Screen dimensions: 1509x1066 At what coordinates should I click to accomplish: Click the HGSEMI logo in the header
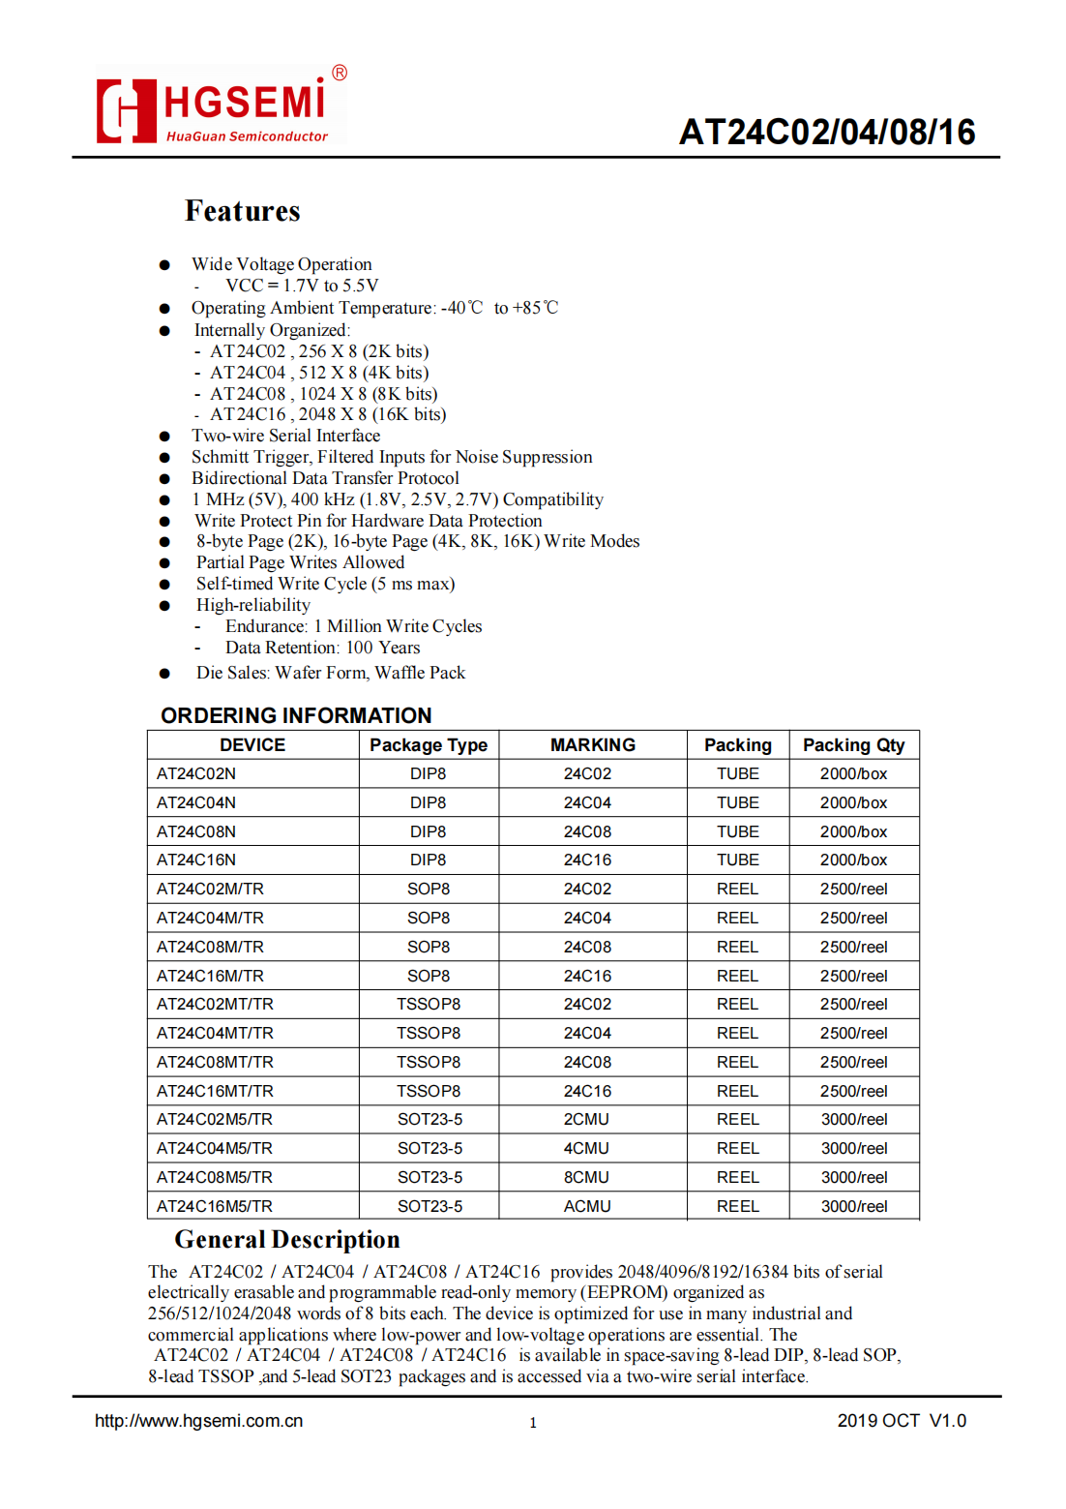[221, 108]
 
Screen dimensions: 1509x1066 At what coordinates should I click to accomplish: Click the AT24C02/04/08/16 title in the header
[827, 133]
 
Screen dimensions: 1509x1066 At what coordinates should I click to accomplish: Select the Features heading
[243, 211]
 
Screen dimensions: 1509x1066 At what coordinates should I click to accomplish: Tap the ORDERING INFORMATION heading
[296, 715]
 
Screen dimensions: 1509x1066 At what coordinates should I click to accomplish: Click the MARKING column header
[592, 745]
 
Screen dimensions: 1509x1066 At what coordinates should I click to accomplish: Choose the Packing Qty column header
[853, 745]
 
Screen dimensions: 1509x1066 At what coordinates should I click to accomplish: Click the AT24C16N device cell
[196, 860]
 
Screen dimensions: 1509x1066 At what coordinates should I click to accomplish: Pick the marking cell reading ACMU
[587, 1206]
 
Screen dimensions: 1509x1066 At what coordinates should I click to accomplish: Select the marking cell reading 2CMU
[587, 1119]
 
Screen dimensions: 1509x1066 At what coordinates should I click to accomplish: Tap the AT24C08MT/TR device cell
[215, 1062]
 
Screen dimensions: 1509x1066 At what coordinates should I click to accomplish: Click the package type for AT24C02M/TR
[429, 889]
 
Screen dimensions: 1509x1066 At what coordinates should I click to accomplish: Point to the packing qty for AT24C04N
[853, 802]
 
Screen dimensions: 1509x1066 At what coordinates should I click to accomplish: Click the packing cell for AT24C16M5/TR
[737, 1206]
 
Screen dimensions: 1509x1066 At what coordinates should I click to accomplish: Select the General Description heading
[287, 1240]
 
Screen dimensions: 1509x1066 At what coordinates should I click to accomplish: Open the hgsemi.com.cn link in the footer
[198, 1421]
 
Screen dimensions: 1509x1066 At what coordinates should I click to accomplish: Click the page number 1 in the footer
[533, 1423]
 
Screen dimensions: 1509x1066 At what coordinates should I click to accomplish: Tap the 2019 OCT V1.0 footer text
[902, 1421]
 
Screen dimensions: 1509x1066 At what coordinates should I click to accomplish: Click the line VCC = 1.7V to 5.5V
[302, 286]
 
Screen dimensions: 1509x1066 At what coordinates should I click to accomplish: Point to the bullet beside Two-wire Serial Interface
[164, 437]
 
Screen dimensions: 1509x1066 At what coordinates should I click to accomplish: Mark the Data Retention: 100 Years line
[322, 648]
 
